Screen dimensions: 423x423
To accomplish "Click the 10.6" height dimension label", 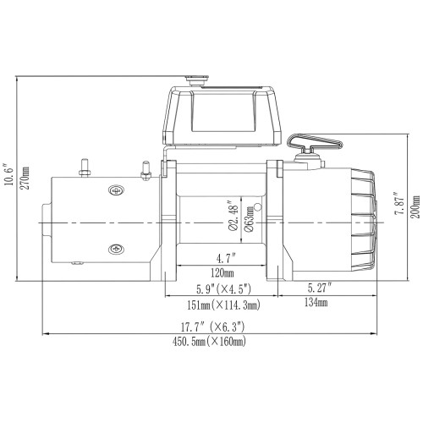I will (x=9, y=180).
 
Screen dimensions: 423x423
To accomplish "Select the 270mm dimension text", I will (x=25, y=180).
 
